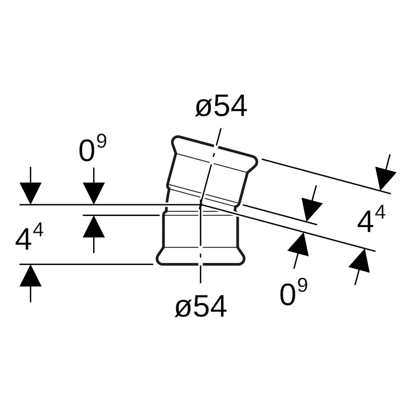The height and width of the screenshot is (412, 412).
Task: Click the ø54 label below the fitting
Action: tap(201, 306)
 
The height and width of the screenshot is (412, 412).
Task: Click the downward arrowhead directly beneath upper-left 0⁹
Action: tap(94, 193)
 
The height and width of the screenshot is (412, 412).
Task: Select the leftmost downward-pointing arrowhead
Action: tap(30, 193)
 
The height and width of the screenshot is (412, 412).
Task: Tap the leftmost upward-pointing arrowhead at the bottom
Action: tap(30, 275)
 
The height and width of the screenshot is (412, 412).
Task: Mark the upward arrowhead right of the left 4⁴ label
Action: tap(94, 226)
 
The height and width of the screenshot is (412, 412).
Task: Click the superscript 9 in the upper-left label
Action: tap(101, 142)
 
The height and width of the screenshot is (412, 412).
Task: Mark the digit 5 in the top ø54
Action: tap(221, 105)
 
